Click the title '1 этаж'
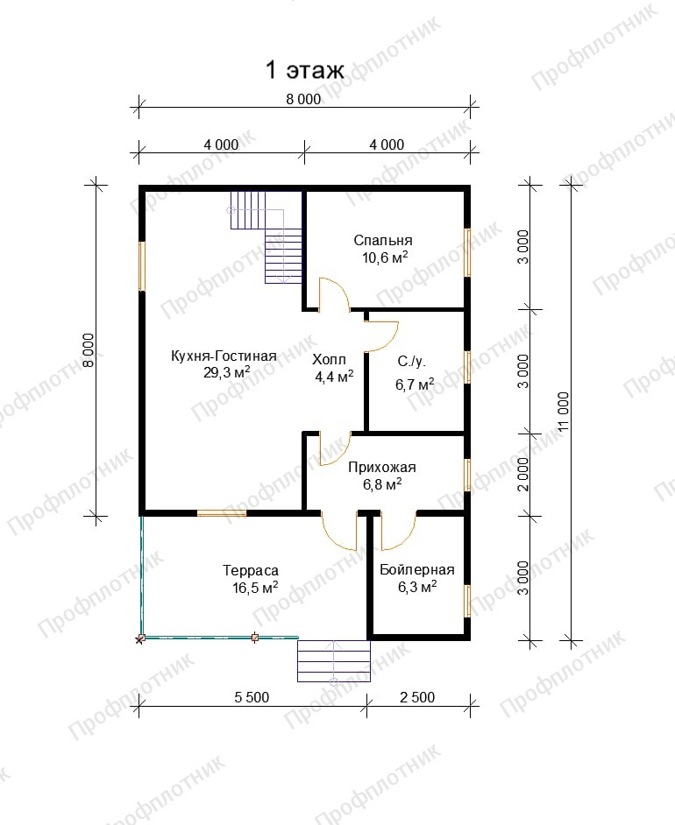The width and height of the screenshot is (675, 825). click(305, 70)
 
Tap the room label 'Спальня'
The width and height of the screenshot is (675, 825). click(383, 241)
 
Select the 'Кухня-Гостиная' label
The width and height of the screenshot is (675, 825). click(224, 356)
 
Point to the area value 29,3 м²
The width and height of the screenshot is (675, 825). click(226, 372)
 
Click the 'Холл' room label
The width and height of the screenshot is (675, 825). click(329, 360)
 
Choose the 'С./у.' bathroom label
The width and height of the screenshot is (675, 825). click(411, 362)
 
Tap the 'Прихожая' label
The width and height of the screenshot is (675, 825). click(381, 467)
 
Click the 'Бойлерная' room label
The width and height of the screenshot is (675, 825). click(416, 570)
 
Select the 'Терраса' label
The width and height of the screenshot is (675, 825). click(251, 570)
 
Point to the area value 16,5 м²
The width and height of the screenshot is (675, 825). click(255, 587)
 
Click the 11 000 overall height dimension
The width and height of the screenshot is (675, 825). click(564, 412)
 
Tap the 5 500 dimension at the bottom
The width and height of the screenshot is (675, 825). click(252, 697)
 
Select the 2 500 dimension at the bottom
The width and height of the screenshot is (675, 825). click(417, 697)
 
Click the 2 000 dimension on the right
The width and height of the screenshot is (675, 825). click(522, 474)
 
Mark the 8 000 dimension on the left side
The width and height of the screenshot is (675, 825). click(89, 350)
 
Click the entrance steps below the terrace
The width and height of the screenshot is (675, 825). click(334, 660)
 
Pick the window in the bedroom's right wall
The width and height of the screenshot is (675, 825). click(467, 252)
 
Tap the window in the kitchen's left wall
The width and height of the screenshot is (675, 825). click(142, 266)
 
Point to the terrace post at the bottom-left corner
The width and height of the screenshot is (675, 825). click(140, 638)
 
